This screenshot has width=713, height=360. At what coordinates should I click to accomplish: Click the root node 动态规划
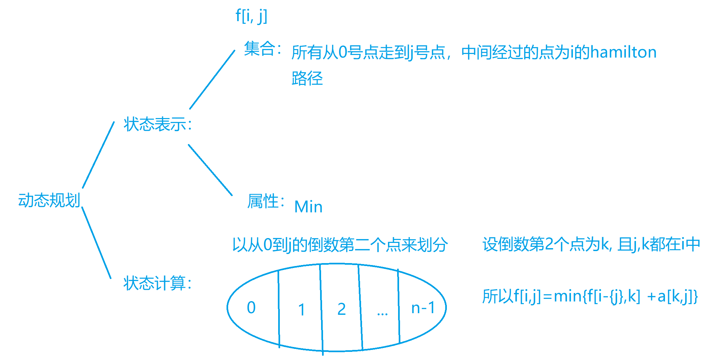click(49, 200)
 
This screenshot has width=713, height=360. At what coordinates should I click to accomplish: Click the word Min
click(308, 207)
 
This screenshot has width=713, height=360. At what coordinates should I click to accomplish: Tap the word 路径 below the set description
click(307, 78)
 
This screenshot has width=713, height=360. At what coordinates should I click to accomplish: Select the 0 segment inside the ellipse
click(251, 308)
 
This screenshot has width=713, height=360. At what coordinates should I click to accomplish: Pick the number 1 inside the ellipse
click(302, 309)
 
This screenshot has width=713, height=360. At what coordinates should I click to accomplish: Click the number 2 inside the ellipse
click(342, 309)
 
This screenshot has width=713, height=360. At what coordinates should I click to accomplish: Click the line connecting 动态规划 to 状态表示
click(98, 155)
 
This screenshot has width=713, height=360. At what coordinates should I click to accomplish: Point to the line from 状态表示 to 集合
click(212, 80)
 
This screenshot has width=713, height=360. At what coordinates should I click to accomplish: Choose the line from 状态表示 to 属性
click(210, 170)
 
